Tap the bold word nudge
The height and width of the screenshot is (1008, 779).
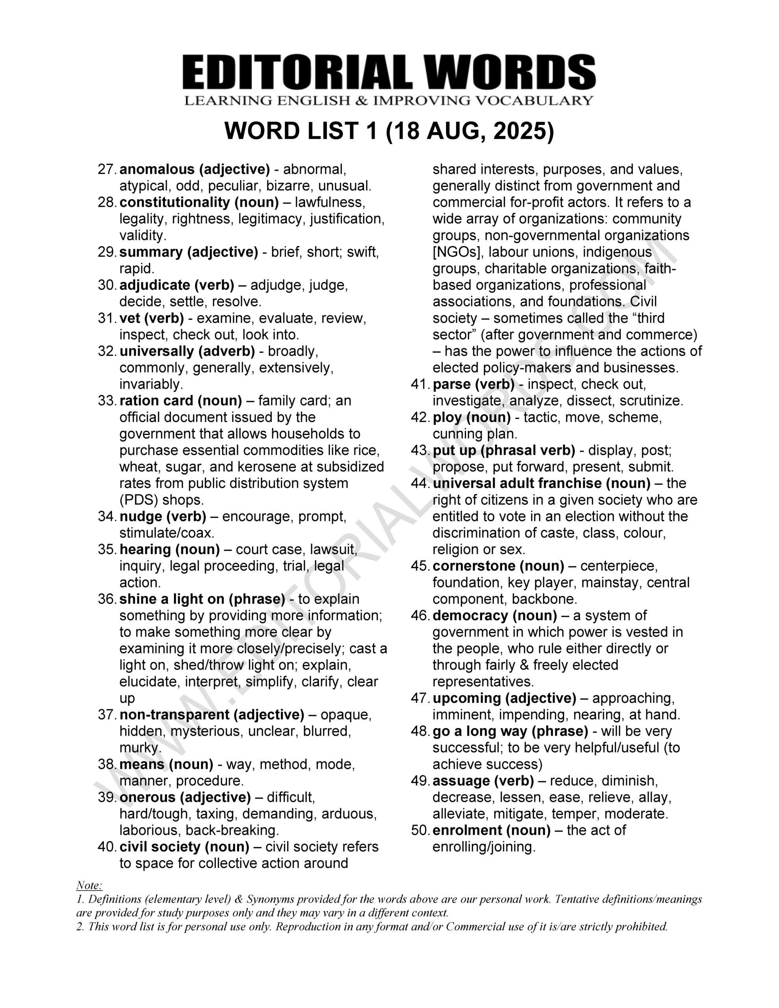click(x=139, y=517)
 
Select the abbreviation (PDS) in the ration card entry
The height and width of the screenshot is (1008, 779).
click(x=139, y=500)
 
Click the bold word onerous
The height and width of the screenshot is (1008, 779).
click(x=148, y=797)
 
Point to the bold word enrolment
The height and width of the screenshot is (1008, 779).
click(x=466, y=830)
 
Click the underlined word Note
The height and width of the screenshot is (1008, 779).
click(x=89, y=885)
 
